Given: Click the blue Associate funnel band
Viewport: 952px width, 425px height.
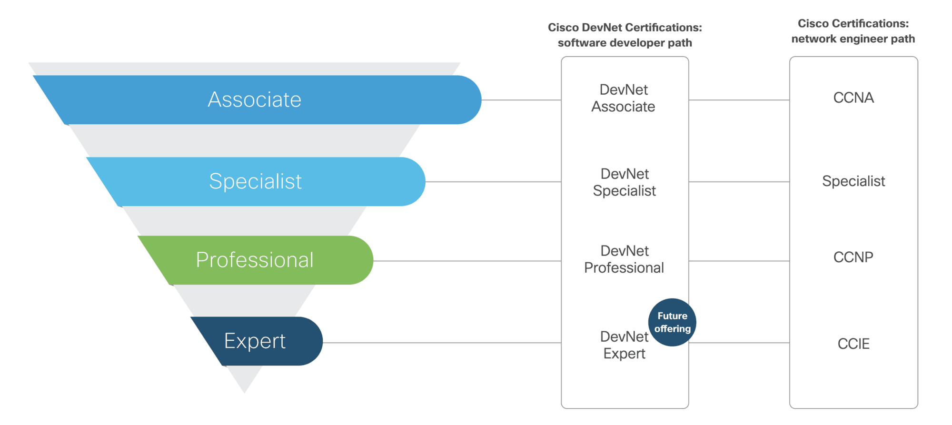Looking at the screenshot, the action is tap(257, 100).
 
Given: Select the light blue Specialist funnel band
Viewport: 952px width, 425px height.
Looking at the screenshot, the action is tap(257, 182).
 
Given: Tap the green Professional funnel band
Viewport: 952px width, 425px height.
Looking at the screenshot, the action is tap(257, 260).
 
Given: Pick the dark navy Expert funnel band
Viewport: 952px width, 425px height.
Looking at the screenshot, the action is tap(257, 341).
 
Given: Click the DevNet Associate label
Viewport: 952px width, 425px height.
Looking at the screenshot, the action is tap(623, 98).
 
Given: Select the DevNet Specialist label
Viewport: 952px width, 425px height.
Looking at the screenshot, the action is tap(624, 182).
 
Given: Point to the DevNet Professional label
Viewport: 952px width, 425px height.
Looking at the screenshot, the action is tap(624, 259).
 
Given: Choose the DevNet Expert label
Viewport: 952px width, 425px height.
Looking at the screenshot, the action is tap(624, 345).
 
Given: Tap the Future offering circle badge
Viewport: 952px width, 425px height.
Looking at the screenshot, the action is tap(672, 322).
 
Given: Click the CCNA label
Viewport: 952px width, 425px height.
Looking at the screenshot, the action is tap(853, 98).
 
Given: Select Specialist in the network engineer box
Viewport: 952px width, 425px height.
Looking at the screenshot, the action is tap(853, 181).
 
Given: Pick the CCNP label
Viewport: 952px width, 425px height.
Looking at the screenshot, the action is tap(853, 257).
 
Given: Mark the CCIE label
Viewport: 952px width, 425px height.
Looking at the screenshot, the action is tap(853, 344).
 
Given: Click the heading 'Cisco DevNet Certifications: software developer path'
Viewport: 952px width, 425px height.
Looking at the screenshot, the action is tap(625, 35).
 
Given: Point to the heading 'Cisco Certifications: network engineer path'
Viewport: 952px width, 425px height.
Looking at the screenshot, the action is tap(853, 31).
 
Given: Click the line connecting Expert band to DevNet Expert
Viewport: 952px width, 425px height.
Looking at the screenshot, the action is tap(442, 343).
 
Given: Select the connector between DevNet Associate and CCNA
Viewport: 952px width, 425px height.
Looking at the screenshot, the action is tap(739, 100).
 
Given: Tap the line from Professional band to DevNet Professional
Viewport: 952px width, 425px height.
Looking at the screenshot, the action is tap(467, 261).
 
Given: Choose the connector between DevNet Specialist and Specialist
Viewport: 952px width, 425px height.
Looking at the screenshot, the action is tap(739, 182).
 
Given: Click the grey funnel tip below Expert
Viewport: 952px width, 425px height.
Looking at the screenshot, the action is tap(245, 378).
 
